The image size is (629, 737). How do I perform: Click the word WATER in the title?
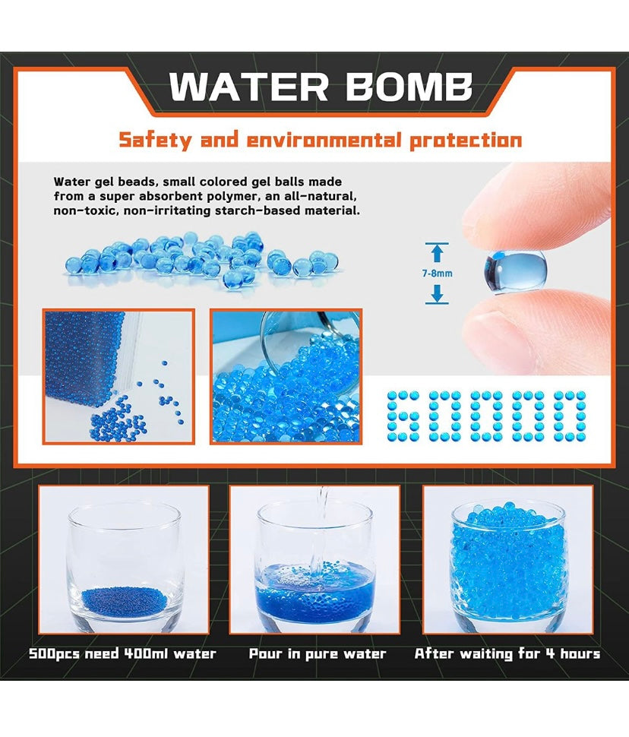pos(249,87)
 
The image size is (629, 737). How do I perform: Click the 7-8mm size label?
pos(438,273)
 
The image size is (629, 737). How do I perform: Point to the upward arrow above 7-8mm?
pos(438,252)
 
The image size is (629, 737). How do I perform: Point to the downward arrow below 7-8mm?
pos(438,294)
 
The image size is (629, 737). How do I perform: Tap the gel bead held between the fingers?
pos(515,271)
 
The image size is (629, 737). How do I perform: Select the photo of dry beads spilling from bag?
pos(119,377)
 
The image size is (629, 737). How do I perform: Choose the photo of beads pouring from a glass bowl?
pos(286,377)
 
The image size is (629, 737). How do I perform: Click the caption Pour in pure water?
pos(318,654)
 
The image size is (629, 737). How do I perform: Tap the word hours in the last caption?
pos(580,653)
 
